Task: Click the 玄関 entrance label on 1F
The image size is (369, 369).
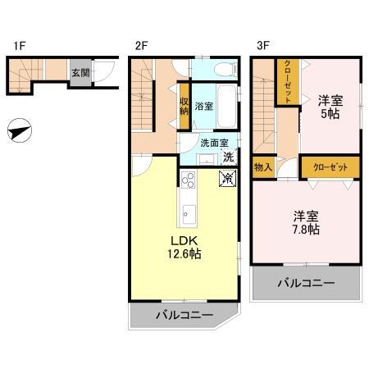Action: (x=80, y=73)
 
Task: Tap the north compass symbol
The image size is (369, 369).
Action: (x=20, y=130)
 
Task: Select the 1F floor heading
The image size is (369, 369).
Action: (x=20, y=46)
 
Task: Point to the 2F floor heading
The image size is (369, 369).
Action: (x=141, y=46)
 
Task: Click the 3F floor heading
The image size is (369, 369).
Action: (x=263, y=46)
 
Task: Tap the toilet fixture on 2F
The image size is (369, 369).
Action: (x=225, y=70)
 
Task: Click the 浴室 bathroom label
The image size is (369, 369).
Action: (x=203, y=107)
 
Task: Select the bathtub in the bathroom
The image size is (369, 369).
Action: (x=227, y=106)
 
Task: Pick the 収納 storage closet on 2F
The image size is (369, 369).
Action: (x=184, y=106)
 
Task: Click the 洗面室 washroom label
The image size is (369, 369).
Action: (x=214, y=143)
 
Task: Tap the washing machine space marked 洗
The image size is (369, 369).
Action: (x=229, y=157)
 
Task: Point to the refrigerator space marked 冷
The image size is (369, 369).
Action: (x=227, y=179)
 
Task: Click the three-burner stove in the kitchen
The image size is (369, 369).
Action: (x=189, y=180)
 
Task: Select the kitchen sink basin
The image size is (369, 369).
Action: (x=189, y=215)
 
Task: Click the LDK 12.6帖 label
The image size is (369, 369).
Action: (x=184, y=248)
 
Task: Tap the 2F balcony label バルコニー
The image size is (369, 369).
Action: (x=184, y=315)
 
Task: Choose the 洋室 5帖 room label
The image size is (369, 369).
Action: (x=330, y=107)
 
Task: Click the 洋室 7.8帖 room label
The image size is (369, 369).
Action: (x=306, y=223)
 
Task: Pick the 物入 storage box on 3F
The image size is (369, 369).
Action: (x=262, y=167)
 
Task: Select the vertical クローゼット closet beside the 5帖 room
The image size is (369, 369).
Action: (x=288, y=82)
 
